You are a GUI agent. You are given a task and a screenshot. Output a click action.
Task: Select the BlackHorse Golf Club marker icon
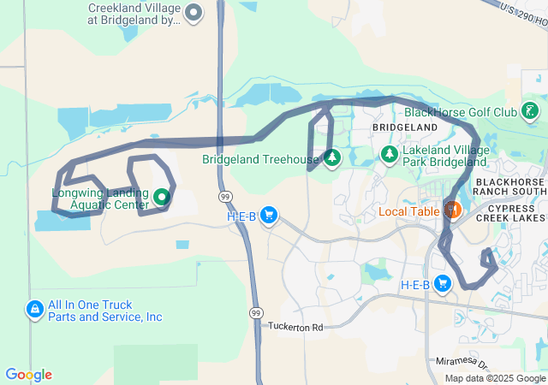(531, 110)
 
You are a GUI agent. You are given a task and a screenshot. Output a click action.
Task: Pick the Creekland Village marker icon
(194, 12)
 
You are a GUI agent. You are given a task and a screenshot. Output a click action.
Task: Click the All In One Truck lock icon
(35, 309)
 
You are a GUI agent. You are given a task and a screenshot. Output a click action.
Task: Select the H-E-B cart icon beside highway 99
(269, 215)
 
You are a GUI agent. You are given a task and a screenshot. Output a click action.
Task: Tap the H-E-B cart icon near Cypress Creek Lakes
(443, 283)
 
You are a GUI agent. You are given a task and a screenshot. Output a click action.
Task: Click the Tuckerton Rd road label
(295, 327)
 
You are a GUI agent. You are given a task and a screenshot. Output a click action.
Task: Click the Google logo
(28, 375)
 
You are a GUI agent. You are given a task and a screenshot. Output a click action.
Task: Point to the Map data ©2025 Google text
(495, 378)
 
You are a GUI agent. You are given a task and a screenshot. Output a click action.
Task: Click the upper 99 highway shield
(223, 196)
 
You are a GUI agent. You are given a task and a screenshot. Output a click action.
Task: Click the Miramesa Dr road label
(461, 362)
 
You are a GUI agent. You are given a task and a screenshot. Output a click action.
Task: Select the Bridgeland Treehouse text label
(259, 159)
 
